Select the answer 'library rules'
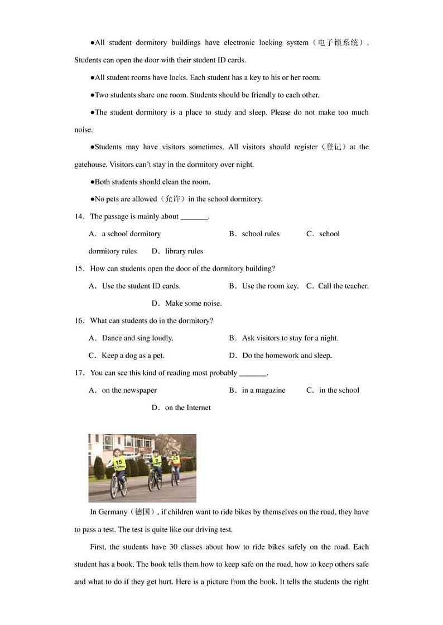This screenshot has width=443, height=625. [184, 251]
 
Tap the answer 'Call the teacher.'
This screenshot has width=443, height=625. [343, 286]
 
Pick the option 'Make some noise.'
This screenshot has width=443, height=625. [193, 304]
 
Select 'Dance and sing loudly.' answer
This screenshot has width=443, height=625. [137, 338]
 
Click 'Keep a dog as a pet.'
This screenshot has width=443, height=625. [133, 355]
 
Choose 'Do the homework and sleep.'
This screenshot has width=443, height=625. [287, 355]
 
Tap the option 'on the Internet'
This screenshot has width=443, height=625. [187, 408]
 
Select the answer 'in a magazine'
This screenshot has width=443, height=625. [263, 390]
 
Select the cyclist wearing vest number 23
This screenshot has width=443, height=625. [175, 465]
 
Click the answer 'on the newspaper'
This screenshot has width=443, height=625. [129, 390]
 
